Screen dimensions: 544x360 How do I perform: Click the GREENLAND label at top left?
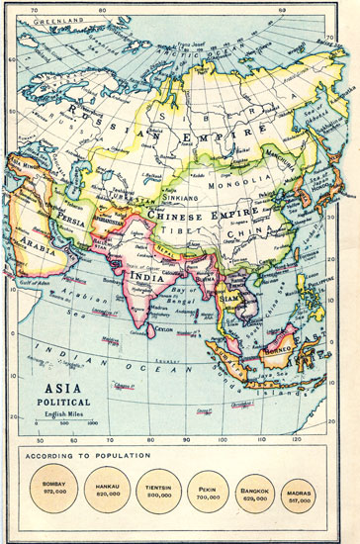pyautogui.click(x=54, y=20)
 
